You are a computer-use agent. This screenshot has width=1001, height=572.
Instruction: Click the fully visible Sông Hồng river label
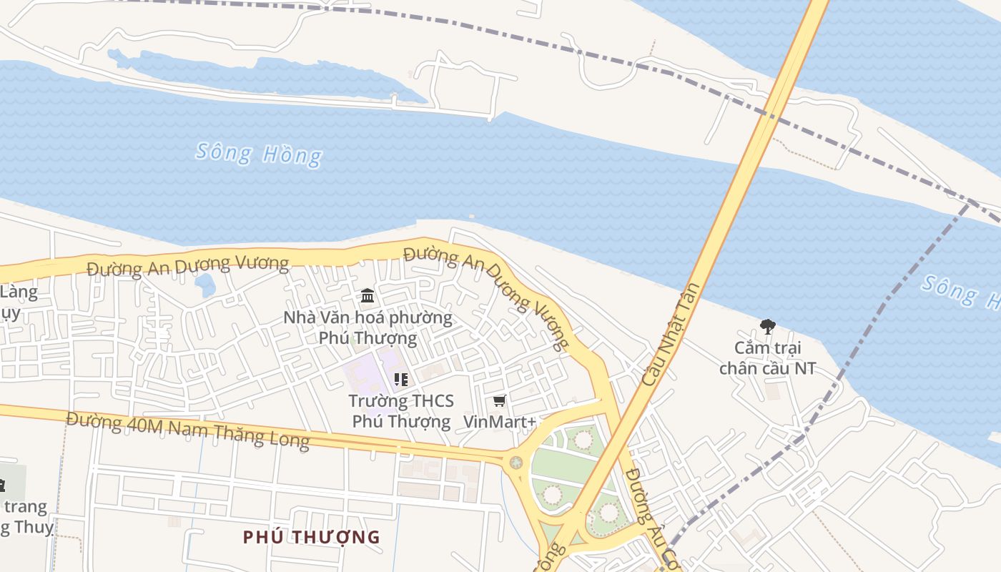pyautogui.click(x=259, y=154)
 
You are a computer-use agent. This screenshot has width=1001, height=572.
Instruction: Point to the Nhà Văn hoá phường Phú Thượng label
pyautogui.click(x=368, y=327)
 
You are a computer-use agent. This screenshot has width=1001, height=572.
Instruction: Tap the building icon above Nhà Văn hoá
pyautogui.click(x=368, y=295)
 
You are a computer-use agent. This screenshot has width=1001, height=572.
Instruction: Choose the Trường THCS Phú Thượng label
pyautogui.click(x=401, y=411)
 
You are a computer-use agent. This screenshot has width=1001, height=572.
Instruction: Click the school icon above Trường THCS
pyautogui.click(x=401, y=380)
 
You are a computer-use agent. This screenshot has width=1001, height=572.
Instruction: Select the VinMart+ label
pyautogui.click(x=500, y=422)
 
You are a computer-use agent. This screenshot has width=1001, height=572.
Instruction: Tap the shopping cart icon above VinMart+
pyautogui.click(x=500, y=401)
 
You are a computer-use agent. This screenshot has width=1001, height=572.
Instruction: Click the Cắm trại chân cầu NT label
pyautogui.click(x=768, y=358)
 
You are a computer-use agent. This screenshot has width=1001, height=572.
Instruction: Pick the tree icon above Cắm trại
pyautogui.click(x=768, y=327)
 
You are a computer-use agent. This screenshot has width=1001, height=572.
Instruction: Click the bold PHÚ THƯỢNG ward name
pyautogui.click(x=311, y=537)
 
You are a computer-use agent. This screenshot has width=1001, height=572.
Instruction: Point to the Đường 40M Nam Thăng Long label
pyautogui.click(x=188, y=430)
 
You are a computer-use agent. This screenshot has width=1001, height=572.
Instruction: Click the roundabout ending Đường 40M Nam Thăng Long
pyautogui.click(x=516, y=463)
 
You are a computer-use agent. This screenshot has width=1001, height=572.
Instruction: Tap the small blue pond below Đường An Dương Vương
pyautogui.click(x=205, y=285)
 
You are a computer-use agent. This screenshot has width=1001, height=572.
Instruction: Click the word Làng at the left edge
pyautogui.click(x=19, y=292)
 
